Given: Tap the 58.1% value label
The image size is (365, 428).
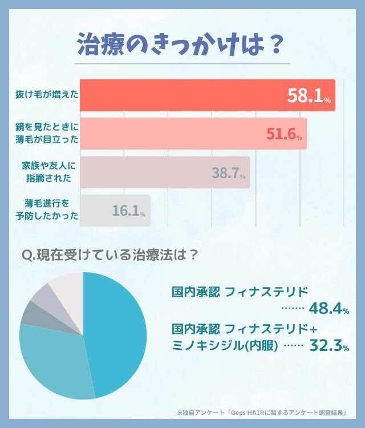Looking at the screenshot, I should (x=309, y=96).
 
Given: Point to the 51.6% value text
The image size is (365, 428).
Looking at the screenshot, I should (x=283, y=134).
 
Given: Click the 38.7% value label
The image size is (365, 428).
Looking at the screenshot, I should (x=228, y=172).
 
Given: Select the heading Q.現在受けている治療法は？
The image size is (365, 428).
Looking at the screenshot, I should (x=109, y=255).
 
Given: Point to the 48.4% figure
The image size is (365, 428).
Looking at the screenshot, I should (x=328, y=309).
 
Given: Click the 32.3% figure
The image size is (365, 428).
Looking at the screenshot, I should (x=328, y=346).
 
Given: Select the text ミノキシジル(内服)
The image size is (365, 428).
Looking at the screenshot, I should (x=225, y=346).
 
